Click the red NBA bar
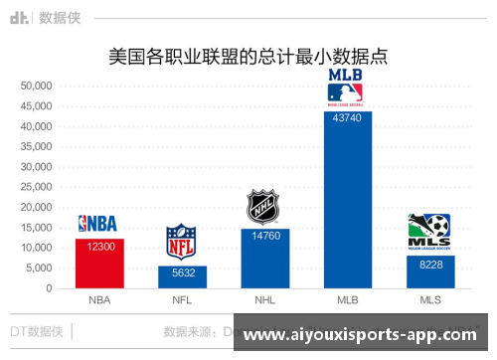point(99,264)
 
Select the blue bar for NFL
point(182,277)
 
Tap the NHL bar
point(264,259)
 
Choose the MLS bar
point(429,272)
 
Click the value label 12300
point(99,247)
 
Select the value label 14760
point(264,237)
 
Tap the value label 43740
point(347,119)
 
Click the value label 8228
point(429,264)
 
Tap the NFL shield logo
point(181,243)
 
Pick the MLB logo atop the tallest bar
point(346,88)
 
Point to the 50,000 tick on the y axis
point(36,87)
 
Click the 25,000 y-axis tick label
point(36,188)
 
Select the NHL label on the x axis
point(264,300)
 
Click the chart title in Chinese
point(248,57)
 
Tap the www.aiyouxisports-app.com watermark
point(366,336)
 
